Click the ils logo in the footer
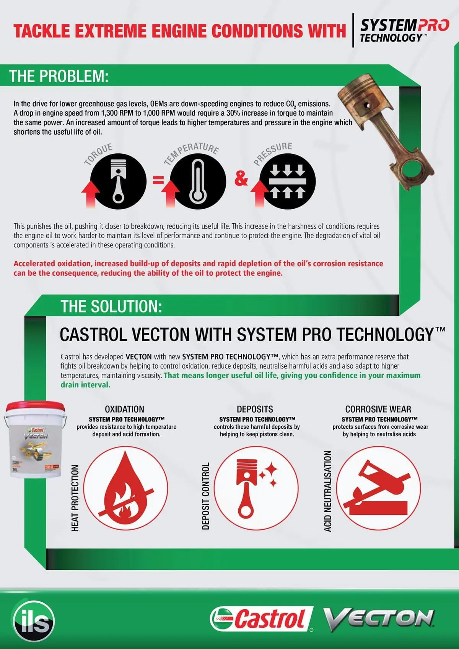34,620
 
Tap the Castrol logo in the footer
262,619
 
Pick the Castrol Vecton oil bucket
35,440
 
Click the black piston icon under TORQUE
118,181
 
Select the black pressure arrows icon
288,181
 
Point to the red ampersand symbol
241,178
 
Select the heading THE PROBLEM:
59,76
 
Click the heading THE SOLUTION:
111,306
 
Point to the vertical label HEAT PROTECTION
75,498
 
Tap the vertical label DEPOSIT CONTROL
206,496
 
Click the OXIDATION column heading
125,409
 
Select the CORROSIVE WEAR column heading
378,409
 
